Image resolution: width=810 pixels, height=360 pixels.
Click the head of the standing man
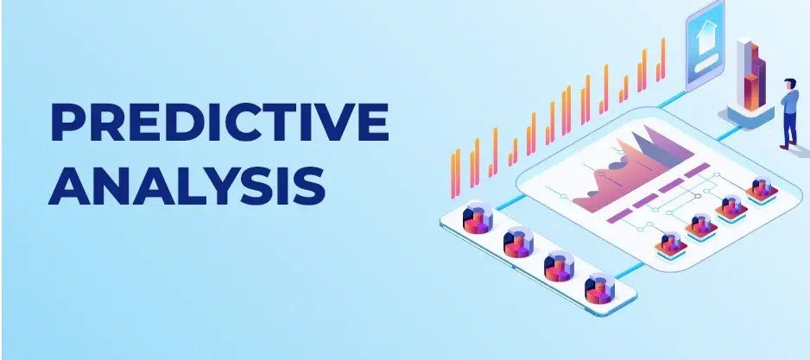[791, 84]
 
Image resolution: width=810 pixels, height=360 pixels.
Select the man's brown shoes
[788, 146]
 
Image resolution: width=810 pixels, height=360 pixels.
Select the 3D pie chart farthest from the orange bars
[598, 287]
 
